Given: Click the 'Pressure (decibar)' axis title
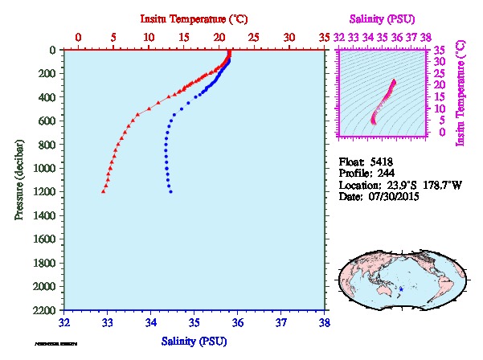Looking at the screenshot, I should tap(18, 179).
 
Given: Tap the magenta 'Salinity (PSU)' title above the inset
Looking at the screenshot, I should tap(383, 17).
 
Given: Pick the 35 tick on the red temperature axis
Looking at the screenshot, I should tap(325, 37).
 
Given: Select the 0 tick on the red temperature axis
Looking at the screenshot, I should tap(78, 37).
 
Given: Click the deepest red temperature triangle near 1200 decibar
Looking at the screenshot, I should tap(104, 191).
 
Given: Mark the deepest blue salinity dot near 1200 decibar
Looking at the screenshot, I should tap(170, 191).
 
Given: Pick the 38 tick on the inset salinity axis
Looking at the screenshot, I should tap(425, 37).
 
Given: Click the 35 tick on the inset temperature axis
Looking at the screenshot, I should tap(440, 50).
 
